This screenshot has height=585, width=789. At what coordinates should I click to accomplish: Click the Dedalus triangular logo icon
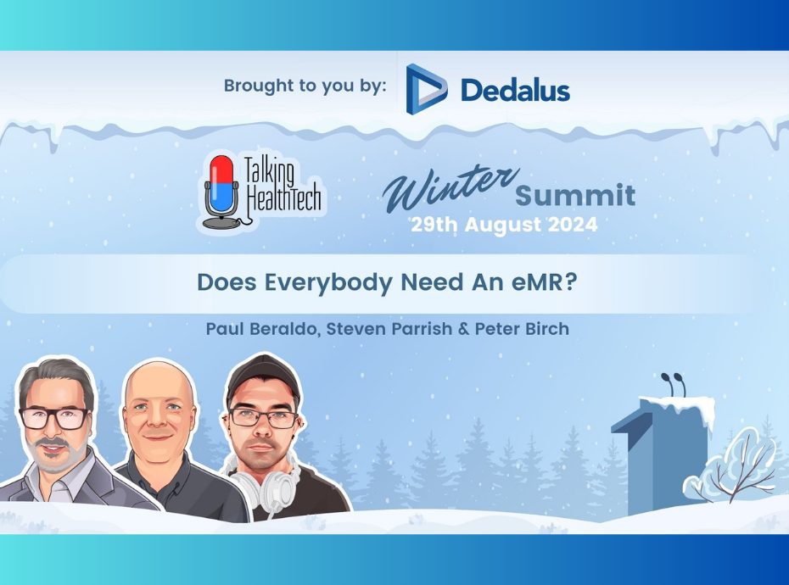tap(425, 89)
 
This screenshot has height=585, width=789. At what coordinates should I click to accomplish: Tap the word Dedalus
tap(515, 91)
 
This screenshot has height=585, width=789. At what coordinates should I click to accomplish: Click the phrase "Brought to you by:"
tap(305, 86)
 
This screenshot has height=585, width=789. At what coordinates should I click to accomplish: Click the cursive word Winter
tap(450, 188)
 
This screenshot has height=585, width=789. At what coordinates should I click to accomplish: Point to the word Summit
tap(575, 196)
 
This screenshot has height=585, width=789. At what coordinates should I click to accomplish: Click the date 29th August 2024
tap(504, 225)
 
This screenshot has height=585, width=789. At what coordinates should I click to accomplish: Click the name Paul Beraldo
tap(263, 330)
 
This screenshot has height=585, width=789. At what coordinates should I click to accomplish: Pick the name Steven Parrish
tap(389, 329)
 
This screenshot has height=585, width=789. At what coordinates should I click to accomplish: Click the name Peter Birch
tap(522, 329)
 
